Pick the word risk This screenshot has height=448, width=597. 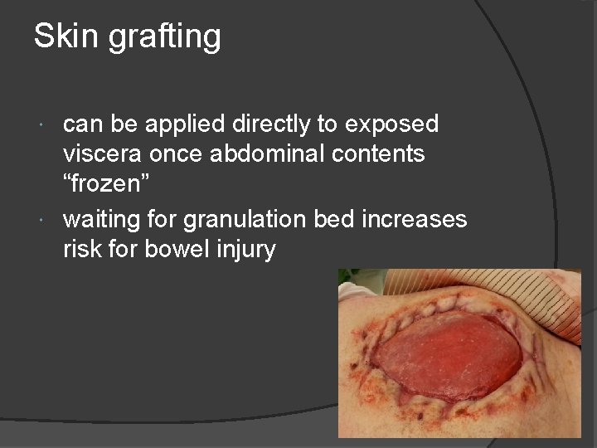click(x=81, y=249)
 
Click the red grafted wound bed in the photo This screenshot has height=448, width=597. click(x=452, y=348)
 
